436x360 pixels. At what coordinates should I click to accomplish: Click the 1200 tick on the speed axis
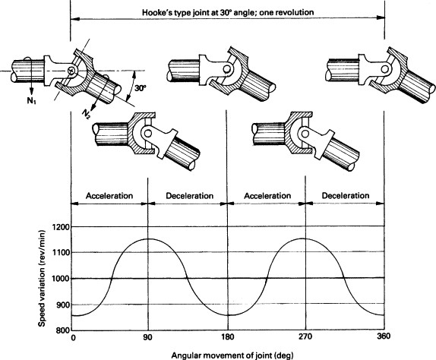pyautogui.click(x=62, y=227)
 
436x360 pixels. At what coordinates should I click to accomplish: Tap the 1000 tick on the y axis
pyautogui.click(x=62, y=278)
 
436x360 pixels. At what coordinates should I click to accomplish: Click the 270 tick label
pyautogui.click(x=305, y=337)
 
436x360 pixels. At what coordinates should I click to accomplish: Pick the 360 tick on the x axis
pyautogui.click(x=384, y=336)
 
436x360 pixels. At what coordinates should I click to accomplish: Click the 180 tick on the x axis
pyautogui.click(x=228, y=337)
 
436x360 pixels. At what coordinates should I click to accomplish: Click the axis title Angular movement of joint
pyautogui.click(x=232, y=355)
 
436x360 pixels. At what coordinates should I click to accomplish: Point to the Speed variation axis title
pyautogui.click(x=42, y=278)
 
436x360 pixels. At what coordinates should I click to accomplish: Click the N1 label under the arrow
pyautogui.click(x=31, y=101)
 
